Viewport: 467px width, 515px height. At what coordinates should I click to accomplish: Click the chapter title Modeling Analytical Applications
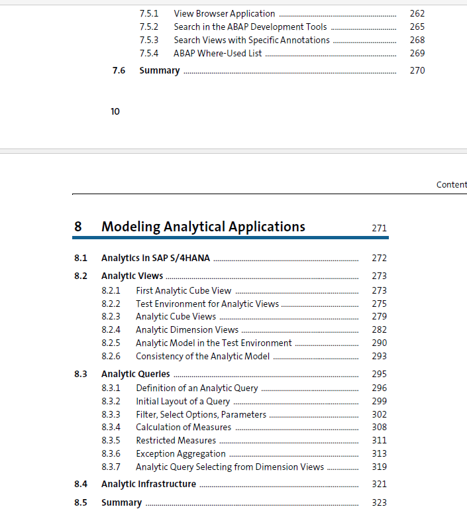203,227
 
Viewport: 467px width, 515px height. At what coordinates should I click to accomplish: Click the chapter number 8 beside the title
78,227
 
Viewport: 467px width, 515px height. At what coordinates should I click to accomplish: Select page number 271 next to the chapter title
379,228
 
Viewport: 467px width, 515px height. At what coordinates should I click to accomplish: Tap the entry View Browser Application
224,13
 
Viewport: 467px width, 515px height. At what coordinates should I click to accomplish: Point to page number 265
417,27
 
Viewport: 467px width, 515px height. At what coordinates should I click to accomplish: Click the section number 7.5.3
148,40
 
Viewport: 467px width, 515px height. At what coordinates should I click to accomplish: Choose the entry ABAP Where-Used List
217,53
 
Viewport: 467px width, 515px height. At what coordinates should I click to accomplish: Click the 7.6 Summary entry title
159,70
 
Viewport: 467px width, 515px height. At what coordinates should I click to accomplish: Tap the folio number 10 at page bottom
115,111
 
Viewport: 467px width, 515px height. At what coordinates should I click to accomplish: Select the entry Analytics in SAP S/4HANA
155,258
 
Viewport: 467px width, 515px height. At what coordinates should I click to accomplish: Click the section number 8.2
81,276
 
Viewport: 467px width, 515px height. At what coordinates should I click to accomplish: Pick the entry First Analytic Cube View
183,290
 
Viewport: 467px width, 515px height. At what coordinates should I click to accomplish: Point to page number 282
379,329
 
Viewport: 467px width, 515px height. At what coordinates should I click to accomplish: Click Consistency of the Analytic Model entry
202,356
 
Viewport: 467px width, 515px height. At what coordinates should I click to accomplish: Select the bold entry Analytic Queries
135,374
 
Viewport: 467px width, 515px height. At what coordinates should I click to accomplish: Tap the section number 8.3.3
111,414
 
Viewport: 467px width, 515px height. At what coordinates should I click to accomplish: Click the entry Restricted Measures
176,440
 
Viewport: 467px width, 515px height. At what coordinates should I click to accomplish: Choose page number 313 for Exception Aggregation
379,453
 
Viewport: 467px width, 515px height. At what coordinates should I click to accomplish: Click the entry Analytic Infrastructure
148,484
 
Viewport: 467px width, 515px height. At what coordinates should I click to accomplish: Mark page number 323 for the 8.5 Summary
379,502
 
